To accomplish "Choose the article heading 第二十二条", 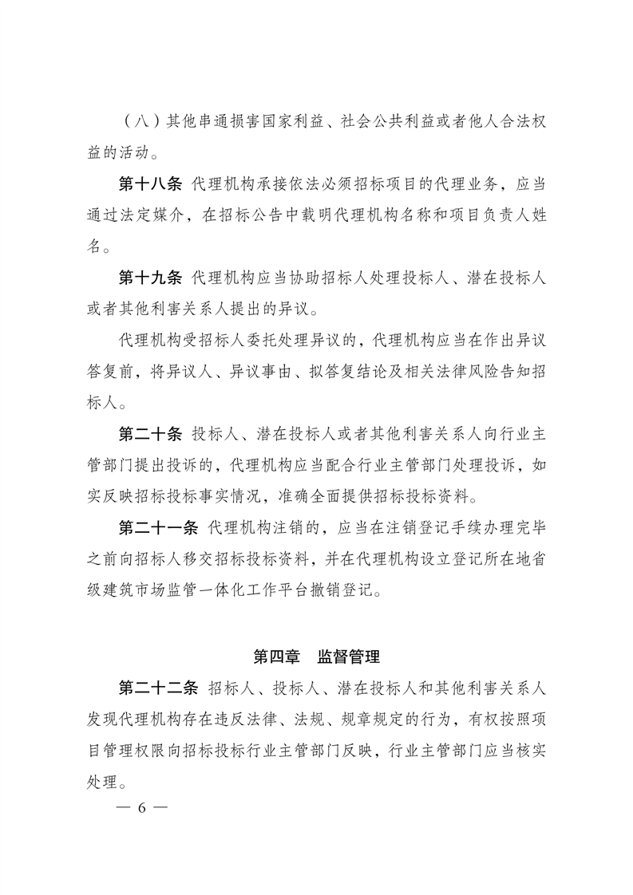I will click(x=158, y=688).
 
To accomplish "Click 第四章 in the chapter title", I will click(x=275, y=657).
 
